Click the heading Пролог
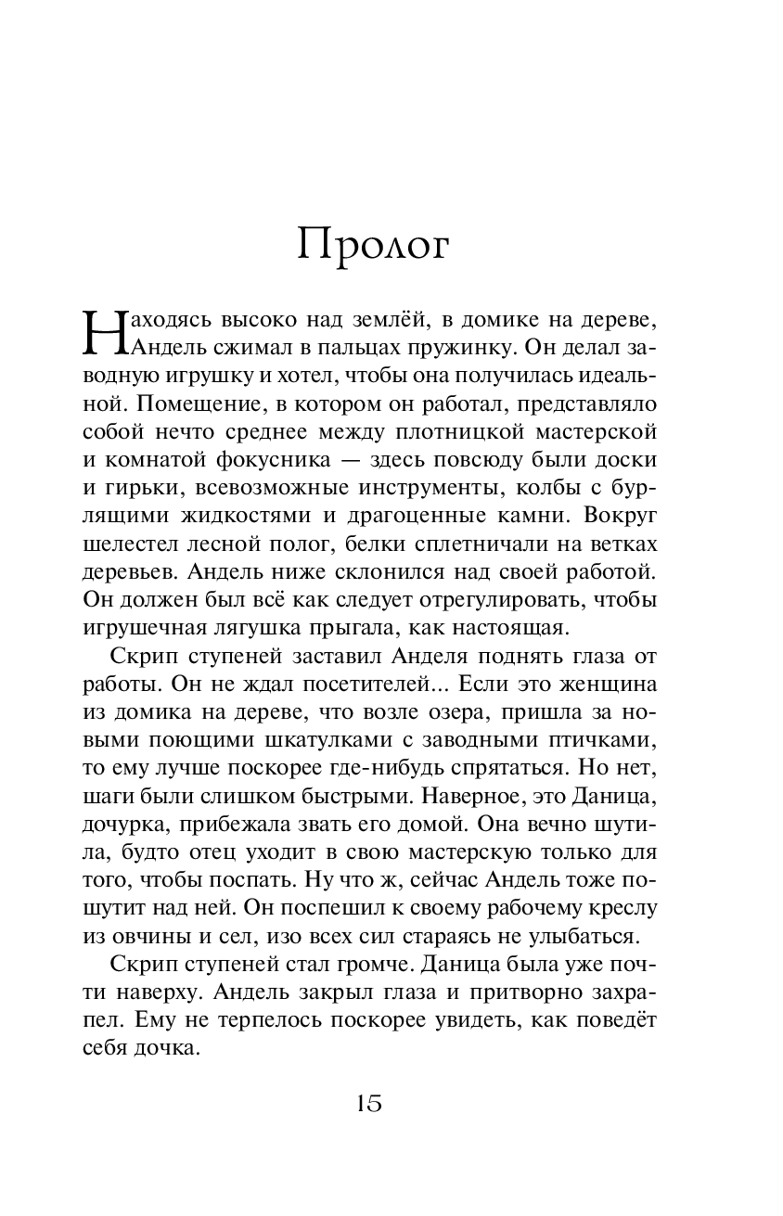374,245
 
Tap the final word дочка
165,1050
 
